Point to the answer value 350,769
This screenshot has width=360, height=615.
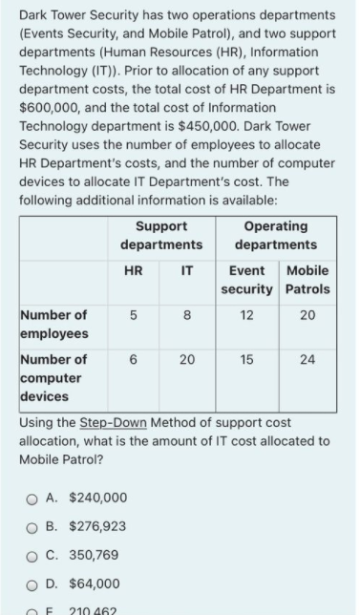(94, 555)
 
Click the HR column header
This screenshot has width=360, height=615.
(135, 271)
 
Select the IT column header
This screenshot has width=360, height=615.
(187, 271)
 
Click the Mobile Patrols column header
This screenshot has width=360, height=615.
(307, 279)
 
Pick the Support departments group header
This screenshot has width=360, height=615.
(160, 235)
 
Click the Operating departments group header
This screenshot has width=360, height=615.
(275, 235)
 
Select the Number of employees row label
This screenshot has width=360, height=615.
(54, 324)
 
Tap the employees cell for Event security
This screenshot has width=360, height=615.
(248, 315)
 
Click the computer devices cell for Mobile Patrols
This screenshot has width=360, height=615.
(307, 360)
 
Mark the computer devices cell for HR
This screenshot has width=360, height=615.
(135, 360)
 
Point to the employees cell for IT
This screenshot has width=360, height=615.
(187, 315)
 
